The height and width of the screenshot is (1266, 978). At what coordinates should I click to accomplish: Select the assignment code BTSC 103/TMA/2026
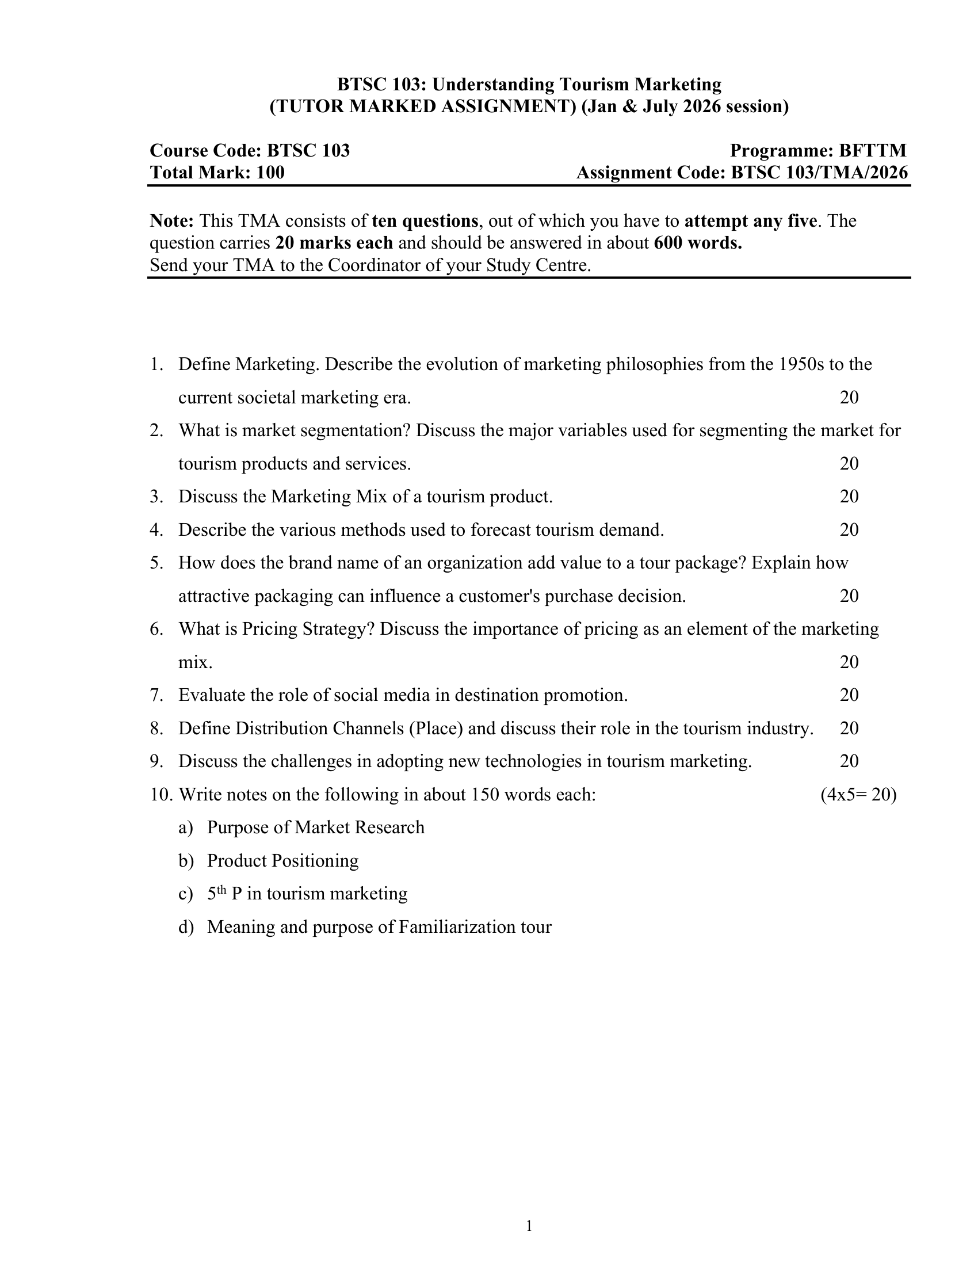(x=819, y=173)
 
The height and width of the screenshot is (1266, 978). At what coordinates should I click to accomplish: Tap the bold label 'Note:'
(x=171, y=221)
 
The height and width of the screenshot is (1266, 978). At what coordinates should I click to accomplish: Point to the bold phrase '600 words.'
(x=698, y=243)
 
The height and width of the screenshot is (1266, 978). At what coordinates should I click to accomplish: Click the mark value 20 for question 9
(x=849, y=761)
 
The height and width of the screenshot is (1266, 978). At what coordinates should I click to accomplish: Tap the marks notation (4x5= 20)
(x=858, y=794)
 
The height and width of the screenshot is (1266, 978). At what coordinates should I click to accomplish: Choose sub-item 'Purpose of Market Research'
(x=316, y=827)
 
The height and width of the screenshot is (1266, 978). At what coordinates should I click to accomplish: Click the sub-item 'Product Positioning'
(x=282, y=861)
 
